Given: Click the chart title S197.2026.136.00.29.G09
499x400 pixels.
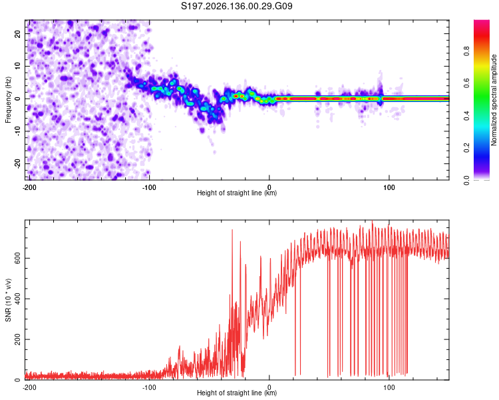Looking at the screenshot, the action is pyautogui.click(x=236, y=6).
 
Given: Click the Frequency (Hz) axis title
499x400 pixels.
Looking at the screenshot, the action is pyautogui.click(x=8, y=100).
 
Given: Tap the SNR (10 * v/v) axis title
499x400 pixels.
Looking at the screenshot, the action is pyautogui.click(x=8, y=300).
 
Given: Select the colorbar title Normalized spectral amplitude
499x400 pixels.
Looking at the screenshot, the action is pyautogui.click(x=494, y=100).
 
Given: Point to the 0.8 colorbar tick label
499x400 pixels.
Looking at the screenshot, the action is pyautogui.click(x=466, y=51).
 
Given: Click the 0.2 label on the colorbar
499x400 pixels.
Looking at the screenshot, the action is pyautogui.click(x=466, y=148).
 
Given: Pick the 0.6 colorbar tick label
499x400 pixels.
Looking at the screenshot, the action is pyautogui.click(x=466, y=83).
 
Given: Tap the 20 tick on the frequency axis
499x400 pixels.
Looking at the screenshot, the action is pyautogui.click(x=18, y=34).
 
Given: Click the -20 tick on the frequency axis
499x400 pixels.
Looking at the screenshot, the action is pyautogui.click(x=18, y=163).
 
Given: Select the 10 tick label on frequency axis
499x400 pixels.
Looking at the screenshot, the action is pyautogui.click(x=18, y=67).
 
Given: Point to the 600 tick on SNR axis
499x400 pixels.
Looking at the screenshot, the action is pyautogui.click(x=18, y=258).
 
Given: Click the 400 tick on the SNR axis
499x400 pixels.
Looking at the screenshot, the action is pyautogui.click(x=18, y=299).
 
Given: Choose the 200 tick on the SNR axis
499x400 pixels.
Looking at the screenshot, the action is pyautogui.click(x=18, y=339).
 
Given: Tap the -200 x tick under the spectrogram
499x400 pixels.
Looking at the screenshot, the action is pyautogui.click(x=29, y=187).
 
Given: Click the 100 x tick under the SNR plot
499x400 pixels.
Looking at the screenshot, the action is pyautogui.click(x=389, y=387).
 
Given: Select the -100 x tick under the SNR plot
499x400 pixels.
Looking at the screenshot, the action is pyautogui.click(x=149, y=387).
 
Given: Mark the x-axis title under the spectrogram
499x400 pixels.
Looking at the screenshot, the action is pyautogui.click(x=237, y=193).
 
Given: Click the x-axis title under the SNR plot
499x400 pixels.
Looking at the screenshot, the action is pyautogui.click(x=237, y=393).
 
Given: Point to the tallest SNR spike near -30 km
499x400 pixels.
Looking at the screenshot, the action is pyautogui.click(x=232, y=230).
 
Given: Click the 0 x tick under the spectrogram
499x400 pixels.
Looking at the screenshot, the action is pyautogui.click(x=269, y=187).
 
